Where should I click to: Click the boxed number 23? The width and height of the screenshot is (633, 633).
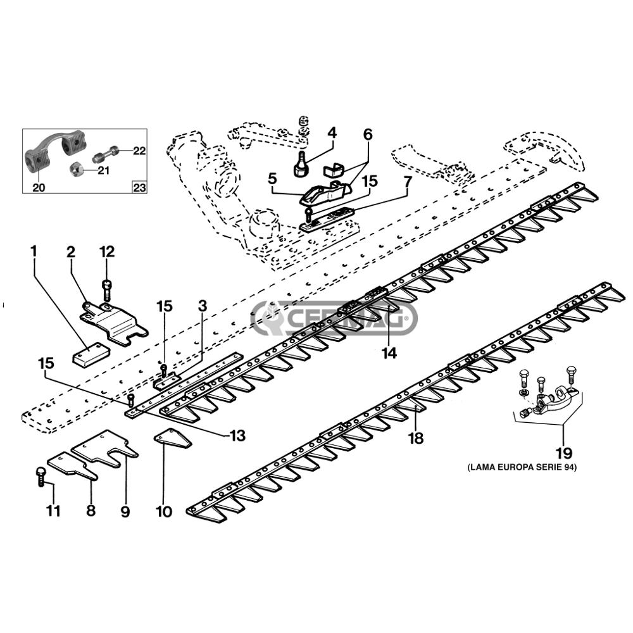pos(140,187)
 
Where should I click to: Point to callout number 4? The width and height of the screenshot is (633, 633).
pos(332,133)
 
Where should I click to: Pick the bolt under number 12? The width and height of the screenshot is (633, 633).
pos(106,289)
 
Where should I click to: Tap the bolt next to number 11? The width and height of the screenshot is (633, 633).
pos(41,477)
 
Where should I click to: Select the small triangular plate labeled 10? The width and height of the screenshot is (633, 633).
pos(172,439)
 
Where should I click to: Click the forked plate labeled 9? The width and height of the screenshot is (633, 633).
pos(105,448)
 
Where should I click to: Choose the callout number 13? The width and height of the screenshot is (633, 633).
pos(237,436)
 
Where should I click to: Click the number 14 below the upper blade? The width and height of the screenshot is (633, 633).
pos(389,353)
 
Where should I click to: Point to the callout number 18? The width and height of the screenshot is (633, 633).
pos(417,437)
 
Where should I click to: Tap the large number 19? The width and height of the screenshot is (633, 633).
pos(564,453)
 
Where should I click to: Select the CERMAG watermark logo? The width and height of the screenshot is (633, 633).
pos(334,318)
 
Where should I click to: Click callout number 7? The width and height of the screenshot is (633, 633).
pos(408,182)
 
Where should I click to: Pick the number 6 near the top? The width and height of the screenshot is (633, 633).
pos(368,134)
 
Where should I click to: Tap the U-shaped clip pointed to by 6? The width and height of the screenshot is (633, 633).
pos(334,169)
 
